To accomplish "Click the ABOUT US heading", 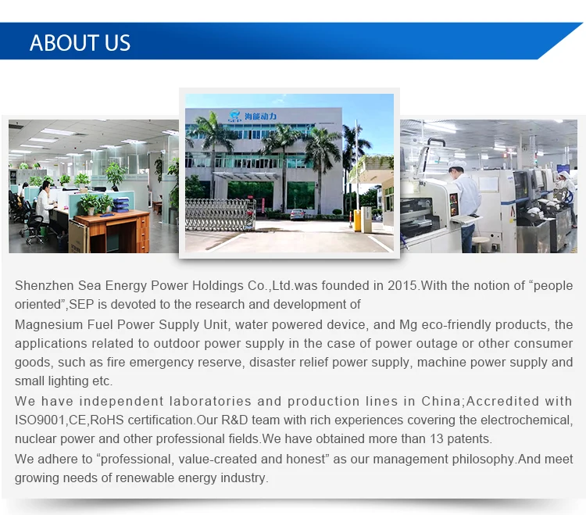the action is (80, 43).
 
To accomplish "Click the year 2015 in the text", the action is (402, 285).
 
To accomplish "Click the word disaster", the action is (270, 362).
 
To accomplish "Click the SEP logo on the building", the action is (234, 116).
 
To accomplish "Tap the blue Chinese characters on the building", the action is (260, 116).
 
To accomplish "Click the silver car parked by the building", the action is (298, 214).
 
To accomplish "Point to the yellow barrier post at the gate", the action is (357, 220).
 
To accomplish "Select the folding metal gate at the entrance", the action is (220, 214).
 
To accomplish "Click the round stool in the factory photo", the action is (481, 243).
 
